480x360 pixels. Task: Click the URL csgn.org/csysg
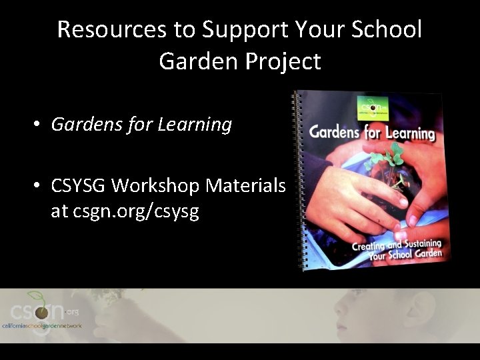point(125,213)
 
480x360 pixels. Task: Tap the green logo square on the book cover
point(371,105)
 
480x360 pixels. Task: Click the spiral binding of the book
point(298,180)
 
